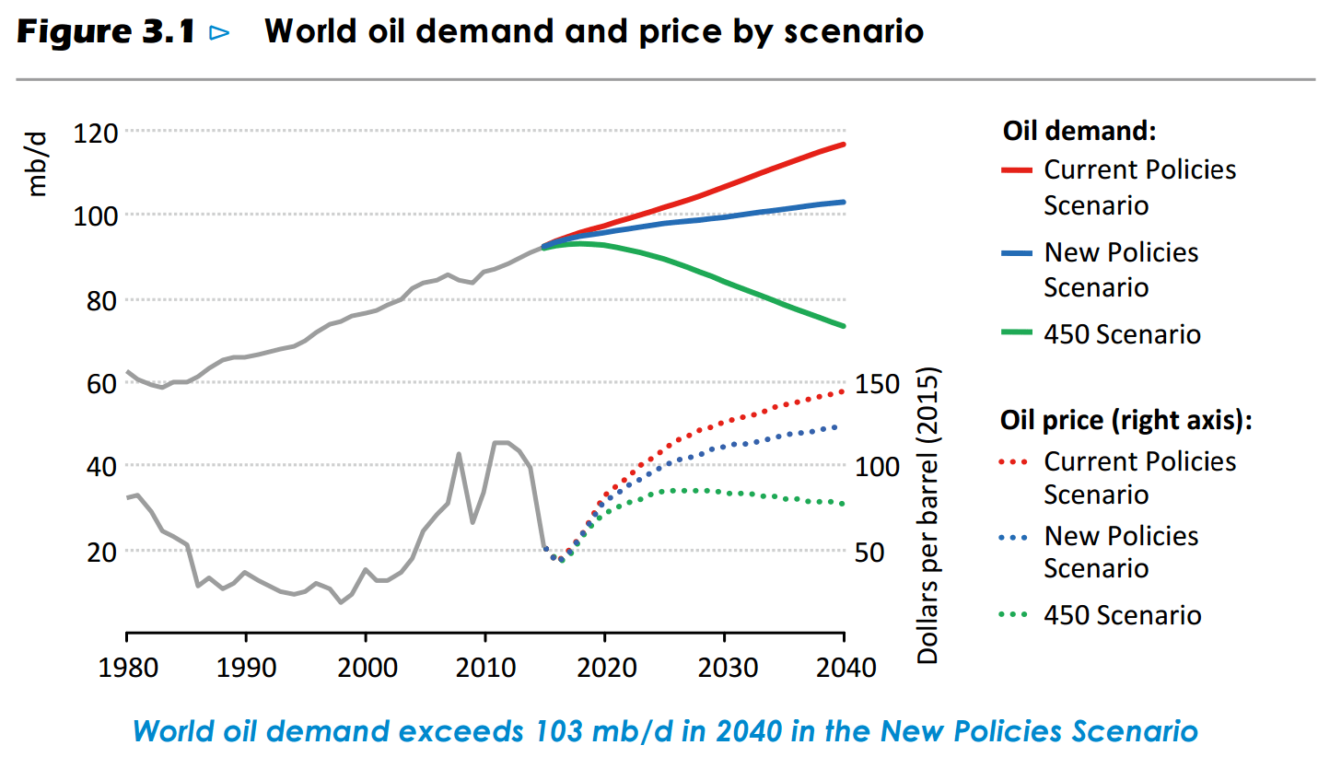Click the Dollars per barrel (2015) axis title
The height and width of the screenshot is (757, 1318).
point(927,517)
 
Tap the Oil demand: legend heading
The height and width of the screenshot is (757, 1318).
point(1079,131)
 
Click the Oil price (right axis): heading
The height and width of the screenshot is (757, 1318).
point(1126,420)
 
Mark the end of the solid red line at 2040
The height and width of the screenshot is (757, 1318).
point(845,145)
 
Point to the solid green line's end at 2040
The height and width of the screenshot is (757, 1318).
point(845,326)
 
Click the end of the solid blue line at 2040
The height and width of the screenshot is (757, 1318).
point(845,202)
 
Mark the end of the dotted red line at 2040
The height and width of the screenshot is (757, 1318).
point(842,391)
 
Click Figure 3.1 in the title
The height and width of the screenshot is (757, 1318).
point(107,32)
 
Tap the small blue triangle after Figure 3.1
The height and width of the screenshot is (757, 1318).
point(219,33)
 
